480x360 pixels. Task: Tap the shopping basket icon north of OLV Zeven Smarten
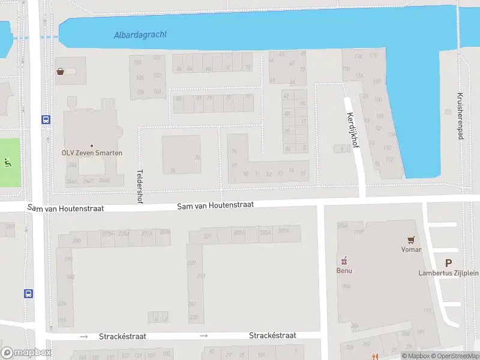[61, 71]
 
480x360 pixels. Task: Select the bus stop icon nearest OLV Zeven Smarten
[46, 119]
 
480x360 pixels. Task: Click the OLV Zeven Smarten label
[92, 153]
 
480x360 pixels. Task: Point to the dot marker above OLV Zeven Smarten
[92, 145]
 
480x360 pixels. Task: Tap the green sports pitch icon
[7, 162]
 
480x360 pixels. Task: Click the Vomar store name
[412, 250]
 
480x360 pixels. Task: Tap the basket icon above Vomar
[412, 239]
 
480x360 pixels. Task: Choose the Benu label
[344, 271]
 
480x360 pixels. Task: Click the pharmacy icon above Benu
[344, 261]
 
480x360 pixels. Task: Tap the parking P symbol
[448, 263]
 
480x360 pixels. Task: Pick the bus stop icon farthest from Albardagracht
[28, 293]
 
